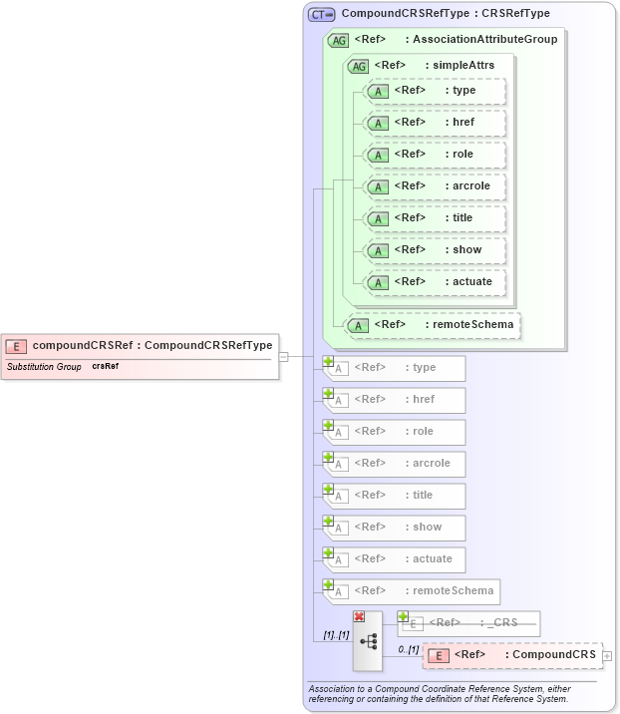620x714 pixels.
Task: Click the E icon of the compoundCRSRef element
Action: pyautogui.click(x=16, y=346)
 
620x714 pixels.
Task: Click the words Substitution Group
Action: pyautogui.click(x=44, y=367)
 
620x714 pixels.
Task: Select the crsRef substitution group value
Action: pyautogui.click(x=106, y=367)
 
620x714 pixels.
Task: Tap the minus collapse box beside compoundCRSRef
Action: pyautogui.click(x=283, y=356)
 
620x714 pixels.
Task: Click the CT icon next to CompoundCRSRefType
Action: pyautogui.click(x=321, y=15)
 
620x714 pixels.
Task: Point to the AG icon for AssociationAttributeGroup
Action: pyautogui.click(x=338, y=40)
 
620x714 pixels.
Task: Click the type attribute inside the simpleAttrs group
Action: pyautogui.click(x=436, y=91)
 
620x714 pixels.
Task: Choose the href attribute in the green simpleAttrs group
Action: pyautogui.click(x=436, y=123)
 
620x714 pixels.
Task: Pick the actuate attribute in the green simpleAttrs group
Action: pyautogui.click(x=436, y=282)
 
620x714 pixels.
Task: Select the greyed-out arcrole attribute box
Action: pyautogui.click(x=397, y=464)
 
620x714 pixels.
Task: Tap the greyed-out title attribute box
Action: pyautogui.click(x=397, y=496)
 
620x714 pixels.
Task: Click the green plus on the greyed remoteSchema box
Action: pyautogui.click(x=328, y=584)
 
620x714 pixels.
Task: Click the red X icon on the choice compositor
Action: pyautogui.click(x=359, y=617)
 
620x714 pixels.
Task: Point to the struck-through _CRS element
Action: pyautogui.click(x=469, y=624)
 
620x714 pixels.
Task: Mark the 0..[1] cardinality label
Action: pyautogui.click(x=408, y=649)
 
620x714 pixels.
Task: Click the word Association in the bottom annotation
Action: pyautogui.click(x=333, y=689)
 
